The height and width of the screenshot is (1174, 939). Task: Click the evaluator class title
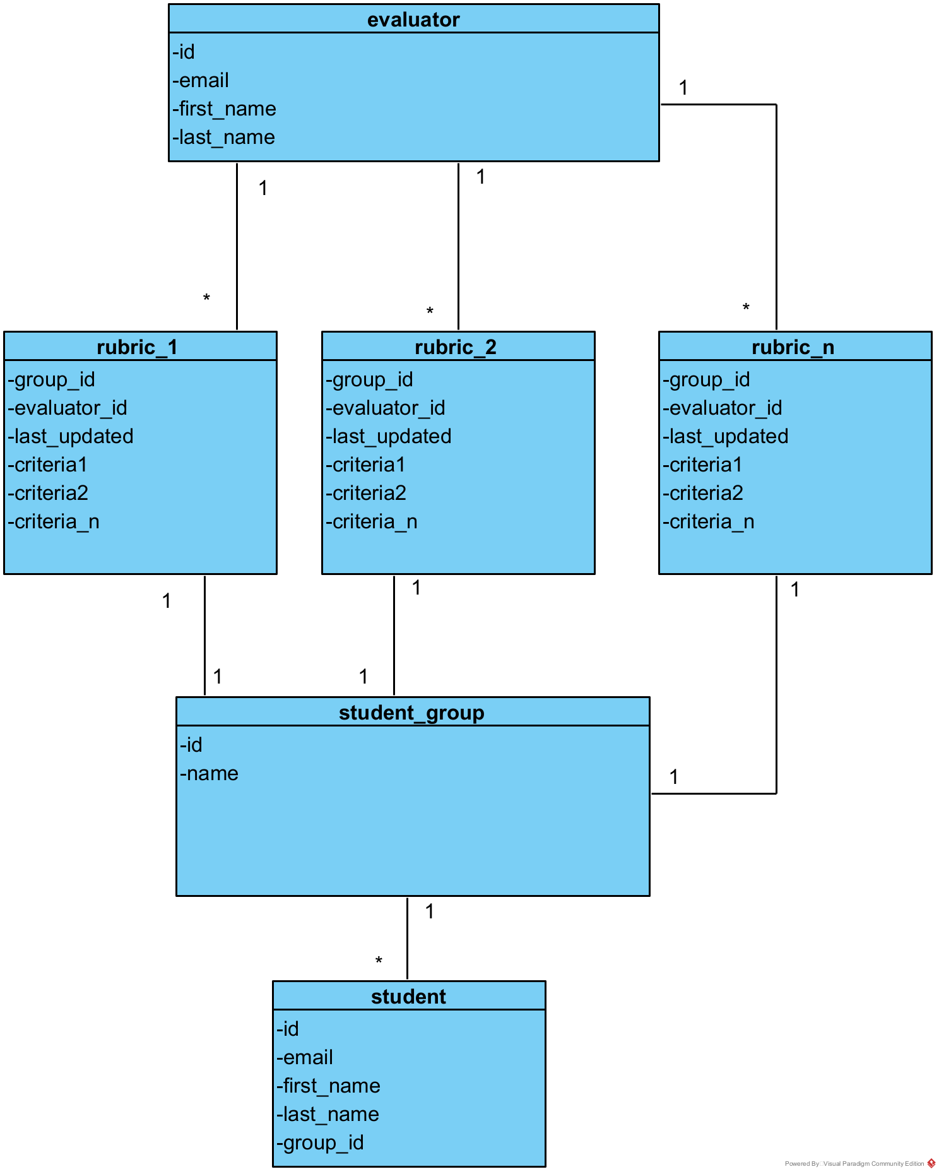coord(413,20)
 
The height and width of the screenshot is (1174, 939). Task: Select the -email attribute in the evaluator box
coord(201,80)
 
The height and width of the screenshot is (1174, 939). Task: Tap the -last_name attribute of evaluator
coord(223,137)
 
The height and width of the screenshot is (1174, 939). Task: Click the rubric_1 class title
coord(137,347)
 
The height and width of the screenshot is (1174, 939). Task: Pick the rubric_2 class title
coord(456,347)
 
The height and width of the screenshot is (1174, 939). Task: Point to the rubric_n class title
coord(793,347)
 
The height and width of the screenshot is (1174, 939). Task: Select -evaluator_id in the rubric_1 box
coord(68,408)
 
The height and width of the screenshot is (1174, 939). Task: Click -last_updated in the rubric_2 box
coord(389,436)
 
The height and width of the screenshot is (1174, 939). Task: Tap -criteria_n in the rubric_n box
coord(709,521)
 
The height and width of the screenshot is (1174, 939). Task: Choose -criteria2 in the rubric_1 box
coord(48,493)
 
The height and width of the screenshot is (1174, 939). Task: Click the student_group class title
coord(411,713)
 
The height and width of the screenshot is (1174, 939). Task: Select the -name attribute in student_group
coord(210,773)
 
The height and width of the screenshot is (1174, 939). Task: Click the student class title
coord(408,997)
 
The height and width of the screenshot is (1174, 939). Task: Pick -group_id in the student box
coord(320,1142)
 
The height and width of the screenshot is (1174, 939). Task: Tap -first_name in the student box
coord(328,1086)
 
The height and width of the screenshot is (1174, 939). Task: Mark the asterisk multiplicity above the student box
coord(379,961)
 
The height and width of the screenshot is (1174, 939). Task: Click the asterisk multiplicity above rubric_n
coord(746,307)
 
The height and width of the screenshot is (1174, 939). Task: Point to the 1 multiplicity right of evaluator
coord(683,88)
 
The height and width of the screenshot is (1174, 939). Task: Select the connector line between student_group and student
coord(407,938)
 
